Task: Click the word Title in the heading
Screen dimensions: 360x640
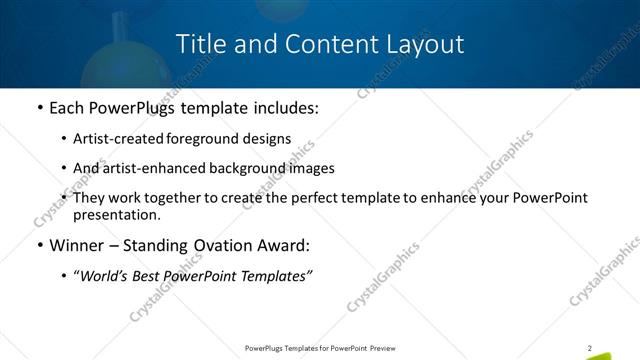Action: coord(199,45)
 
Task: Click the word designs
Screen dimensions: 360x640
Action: coord(265,139)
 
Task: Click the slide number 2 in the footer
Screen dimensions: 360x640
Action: coord(590,348)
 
